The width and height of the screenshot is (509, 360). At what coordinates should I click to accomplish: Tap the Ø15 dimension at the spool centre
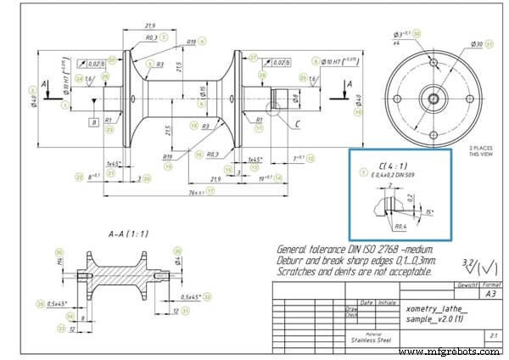point(202,90)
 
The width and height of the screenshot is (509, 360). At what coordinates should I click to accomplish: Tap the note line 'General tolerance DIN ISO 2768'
point(355,249)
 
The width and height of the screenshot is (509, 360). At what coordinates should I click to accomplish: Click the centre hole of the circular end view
point(433,98)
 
